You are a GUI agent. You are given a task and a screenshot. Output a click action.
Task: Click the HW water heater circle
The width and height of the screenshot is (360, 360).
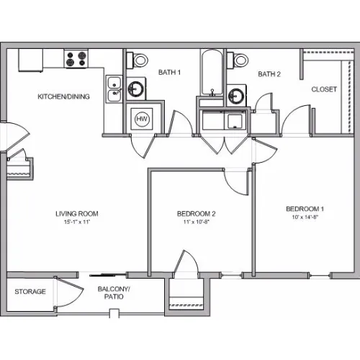[x=142, y=119]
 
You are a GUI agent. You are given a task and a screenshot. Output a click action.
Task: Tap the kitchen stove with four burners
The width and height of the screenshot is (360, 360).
[x=76, y=58]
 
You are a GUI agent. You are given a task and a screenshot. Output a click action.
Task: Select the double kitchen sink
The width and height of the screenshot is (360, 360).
[x=114, y=89]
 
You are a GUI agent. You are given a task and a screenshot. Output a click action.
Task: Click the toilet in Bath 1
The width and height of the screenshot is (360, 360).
[x=138, y=60]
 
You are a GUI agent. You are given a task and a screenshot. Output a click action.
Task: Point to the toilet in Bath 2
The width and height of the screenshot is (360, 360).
[x=238, y=60]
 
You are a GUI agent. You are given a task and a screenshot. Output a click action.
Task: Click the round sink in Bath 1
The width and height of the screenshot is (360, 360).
[x=136, y=89]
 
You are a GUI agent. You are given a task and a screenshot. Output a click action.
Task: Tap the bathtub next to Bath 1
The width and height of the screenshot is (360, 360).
[x=212, y=73]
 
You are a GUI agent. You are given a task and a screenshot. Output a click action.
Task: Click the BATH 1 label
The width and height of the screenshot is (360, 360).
[x=169, y=72]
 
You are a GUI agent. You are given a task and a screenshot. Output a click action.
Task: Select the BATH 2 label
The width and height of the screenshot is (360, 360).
[x=269, y=74]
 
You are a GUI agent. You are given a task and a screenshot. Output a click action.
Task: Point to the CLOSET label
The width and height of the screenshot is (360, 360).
[x=324, y=89]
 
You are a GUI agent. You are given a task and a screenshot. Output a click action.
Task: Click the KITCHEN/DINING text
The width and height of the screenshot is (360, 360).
[x=63, y=96]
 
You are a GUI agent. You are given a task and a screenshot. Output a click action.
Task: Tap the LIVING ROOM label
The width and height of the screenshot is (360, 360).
[x=77, y=214]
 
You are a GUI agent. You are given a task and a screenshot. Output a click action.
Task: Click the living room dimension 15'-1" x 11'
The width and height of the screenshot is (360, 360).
[x=77, y=222]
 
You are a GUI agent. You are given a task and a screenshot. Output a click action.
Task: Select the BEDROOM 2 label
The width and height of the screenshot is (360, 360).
[x=196, y=214]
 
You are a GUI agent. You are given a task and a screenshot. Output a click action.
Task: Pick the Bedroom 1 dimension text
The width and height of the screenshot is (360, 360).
[x=305, y=217]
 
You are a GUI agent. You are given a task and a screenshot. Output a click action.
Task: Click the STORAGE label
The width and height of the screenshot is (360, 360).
[x=30, y=292]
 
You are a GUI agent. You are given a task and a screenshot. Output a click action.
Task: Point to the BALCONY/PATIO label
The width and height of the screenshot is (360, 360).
[x=114, y=293]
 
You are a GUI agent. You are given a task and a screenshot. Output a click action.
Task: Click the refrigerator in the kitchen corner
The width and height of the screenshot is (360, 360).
[x=31, y=60]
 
